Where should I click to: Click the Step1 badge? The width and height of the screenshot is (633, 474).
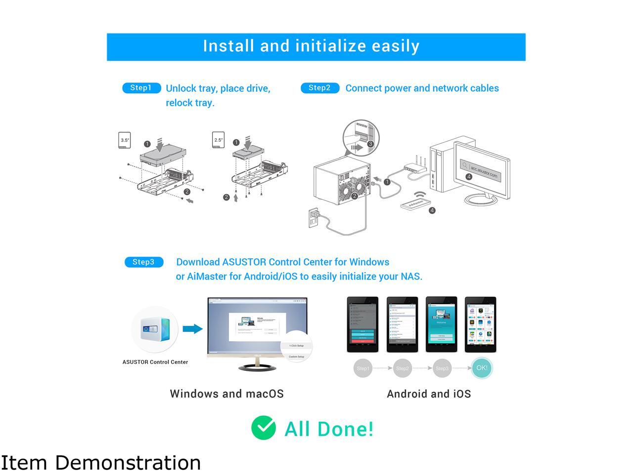(x=141, y=88)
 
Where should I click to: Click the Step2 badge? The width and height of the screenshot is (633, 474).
(x=319, y=88)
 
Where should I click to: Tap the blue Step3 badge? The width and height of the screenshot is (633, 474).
(x=143, y=262)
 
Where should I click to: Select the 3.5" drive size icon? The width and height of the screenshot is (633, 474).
(x=125, y=140)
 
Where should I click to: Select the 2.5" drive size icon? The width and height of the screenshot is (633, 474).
(x=218, y=140)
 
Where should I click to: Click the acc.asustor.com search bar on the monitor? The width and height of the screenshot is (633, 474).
(x=483, y=170)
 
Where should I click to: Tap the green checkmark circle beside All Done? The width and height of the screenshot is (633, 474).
(x=263, y=428)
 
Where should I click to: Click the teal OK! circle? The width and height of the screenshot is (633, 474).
(x=482, y=368)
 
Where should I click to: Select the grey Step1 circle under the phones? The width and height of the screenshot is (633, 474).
(x=363, y=368)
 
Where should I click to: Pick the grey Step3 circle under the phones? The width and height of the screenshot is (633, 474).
(x=442, y=368)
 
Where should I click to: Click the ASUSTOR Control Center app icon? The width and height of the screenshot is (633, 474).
(x=155, y=329)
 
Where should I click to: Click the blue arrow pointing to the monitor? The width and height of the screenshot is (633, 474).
(x=192, y=329)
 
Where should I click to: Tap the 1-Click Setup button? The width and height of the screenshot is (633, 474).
(x=297, y=346)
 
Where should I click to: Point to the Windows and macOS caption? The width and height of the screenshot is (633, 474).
(x=226, y=394)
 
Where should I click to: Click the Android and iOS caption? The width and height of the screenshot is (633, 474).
(x=429, y=394)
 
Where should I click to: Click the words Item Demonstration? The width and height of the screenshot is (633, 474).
(x=101, y=463)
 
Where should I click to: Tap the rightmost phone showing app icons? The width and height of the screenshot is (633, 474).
(x=480, y=324)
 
